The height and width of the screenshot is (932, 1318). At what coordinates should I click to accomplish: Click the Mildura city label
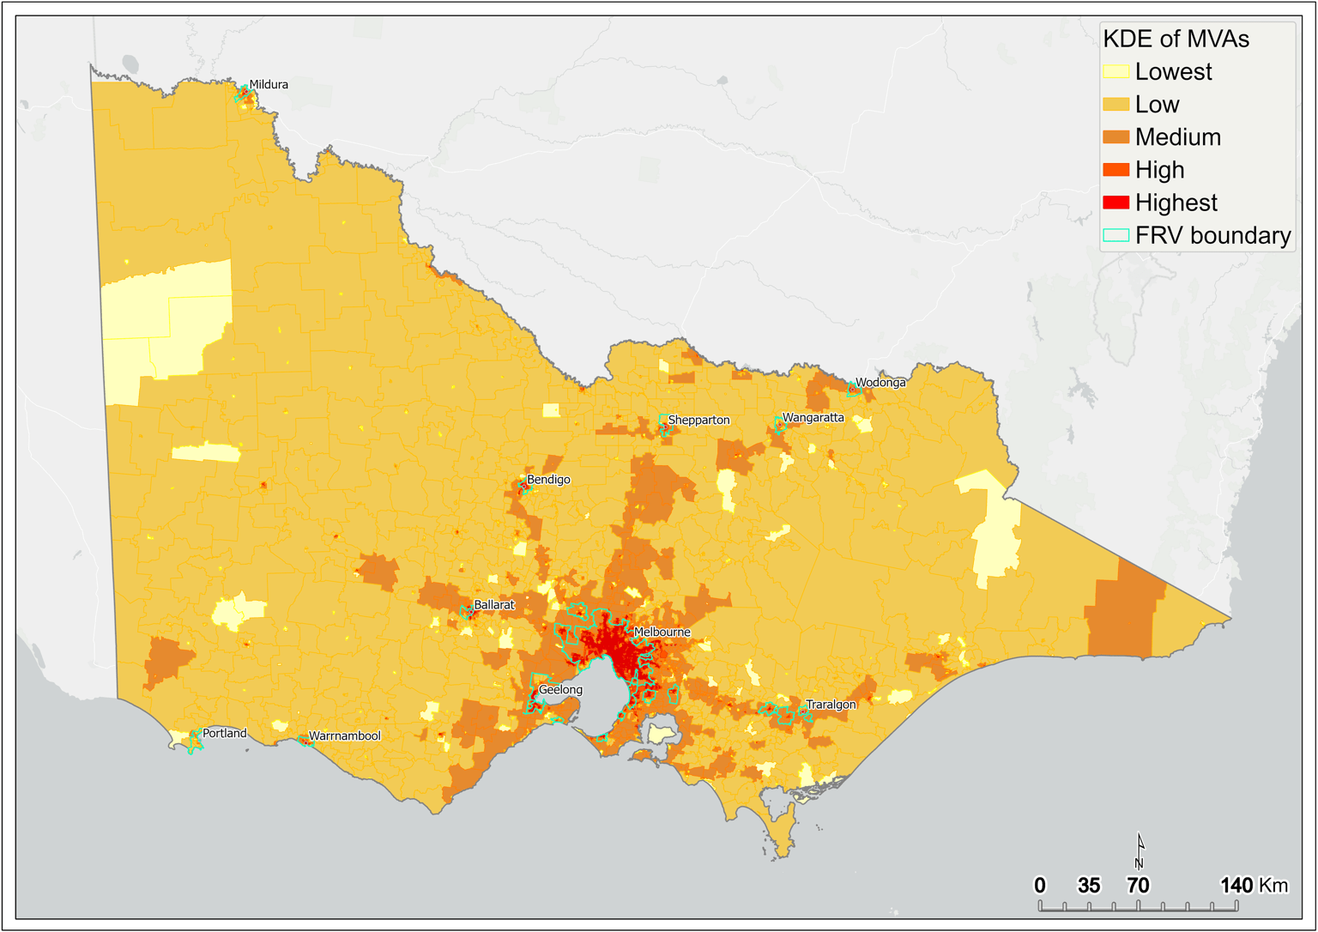tap(269, 85)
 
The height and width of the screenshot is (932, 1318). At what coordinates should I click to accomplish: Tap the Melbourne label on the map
tap(662, 632)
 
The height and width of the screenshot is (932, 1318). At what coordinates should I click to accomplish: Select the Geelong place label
tap(560, 690)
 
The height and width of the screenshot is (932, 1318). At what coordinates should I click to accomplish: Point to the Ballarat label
tap(494, 605)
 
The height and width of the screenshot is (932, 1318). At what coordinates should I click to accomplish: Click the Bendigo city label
tap(548, 480)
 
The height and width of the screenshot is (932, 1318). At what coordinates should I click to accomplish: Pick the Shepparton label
tap(698, 421)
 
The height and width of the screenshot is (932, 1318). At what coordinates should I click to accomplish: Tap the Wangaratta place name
tap(813, 418)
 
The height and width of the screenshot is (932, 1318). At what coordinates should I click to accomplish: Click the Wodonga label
tap(880, 383)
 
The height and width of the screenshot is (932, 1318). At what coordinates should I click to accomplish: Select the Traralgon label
tap(831, 705)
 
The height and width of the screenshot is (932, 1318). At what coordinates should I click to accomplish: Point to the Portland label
tap(224, 734)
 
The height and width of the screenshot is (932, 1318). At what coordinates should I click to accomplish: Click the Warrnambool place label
tap(344, 736)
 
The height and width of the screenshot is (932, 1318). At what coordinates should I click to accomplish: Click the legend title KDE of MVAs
tap(1176, 39)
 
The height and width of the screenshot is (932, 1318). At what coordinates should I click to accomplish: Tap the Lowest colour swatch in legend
tap(1115, 72)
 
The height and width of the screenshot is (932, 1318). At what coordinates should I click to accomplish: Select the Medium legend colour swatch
tap(1115, 137)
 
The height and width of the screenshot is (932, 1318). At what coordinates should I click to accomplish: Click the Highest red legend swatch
tap(1115, 203)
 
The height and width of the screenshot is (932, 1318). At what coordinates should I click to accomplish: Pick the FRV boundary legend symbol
tap(1115, 235)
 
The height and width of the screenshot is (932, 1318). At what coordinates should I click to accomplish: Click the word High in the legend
tap(1159, 170)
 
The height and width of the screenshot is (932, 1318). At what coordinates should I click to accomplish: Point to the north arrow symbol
tap(1140, 850)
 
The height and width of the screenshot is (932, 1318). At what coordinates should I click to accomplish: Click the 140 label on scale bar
tap(1236, 885)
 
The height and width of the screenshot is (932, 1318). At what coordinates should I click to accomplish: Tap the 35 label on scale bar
tap(1089, 885)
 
